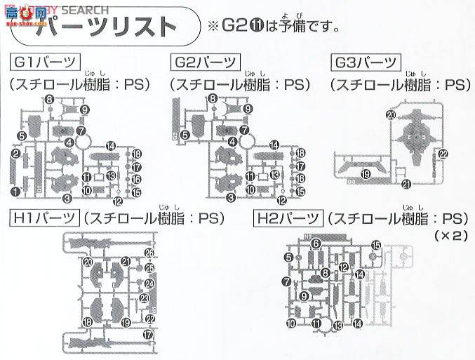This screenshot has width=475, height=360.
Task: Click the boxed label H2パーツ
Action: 286,218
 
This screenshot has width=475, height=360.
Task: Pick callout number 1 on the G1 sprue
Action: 15,191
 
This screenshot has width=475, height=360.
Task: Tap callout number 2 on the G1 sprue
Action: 15,154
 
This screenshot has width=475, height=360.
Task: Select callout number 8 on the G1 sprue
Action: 50,100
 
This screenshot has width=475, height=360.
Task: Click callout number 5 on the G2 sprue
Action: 184,135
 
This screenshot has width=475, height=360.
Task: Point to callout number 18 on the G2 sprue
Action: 300,154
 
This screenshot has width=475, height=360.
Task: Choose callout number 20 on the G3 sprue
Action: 391,114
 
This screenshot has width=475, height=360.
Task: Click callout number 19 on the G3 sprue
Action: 365,173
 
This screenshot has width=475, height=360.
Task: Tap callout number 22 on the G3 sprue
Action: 443,154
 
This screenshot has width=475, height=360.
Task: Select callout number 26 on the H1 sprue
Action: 149,253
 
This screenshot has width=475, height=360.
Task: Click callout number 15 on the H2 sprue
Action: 375,245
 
